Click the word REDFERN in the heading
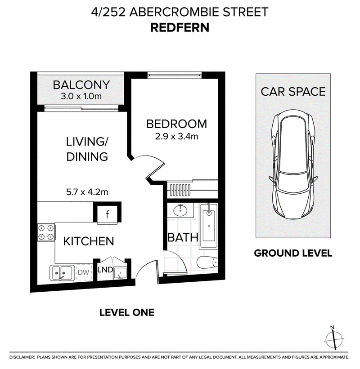point(180,27)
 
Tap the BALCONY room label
point(81,85)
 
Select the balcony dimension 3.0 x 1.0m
point(81,96)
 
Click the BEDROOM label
point(176,124)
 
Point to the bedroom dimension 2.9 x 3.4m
point(176,136)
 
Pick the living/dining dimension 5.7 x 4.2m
point(87,192)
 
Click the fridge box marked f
point(107,214)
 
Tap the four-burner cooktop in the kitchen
point(46,232)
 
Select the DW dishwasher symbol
point(84,272)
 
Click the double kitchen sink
point(62,273)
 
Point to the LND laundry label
point(105,270)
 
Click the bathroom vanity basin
point(180,210)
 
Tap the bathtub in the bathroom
point(209,226)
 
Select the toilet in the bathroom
point(207,262)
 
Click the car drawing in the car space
point(293,165)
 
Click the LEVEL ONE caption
point(127,312)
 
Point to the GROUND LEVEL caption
point(293,253)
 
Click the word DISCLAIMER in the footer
point(22,357)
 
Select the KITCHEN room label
point(89,241)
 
